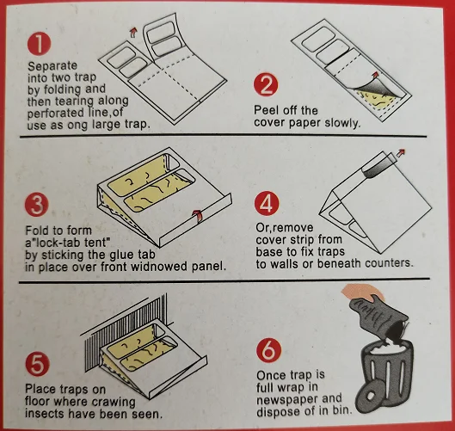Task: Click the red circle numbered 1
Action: click(x=39, y=40)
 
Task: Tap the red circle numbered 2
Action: click(x=264, y=84)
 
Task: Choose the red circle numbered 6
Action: click(x=267, y=350)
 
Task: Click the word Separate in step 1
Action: click(x=51, y=65)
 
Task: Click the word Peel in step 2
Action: click(x=267, y=110)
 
